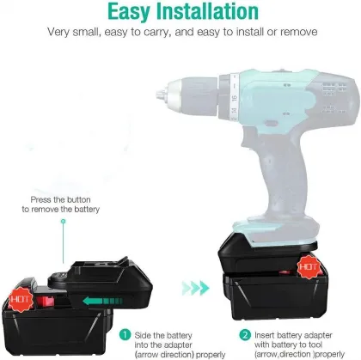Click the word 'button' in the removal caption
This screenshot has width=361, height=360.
[x=79, y=199]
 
